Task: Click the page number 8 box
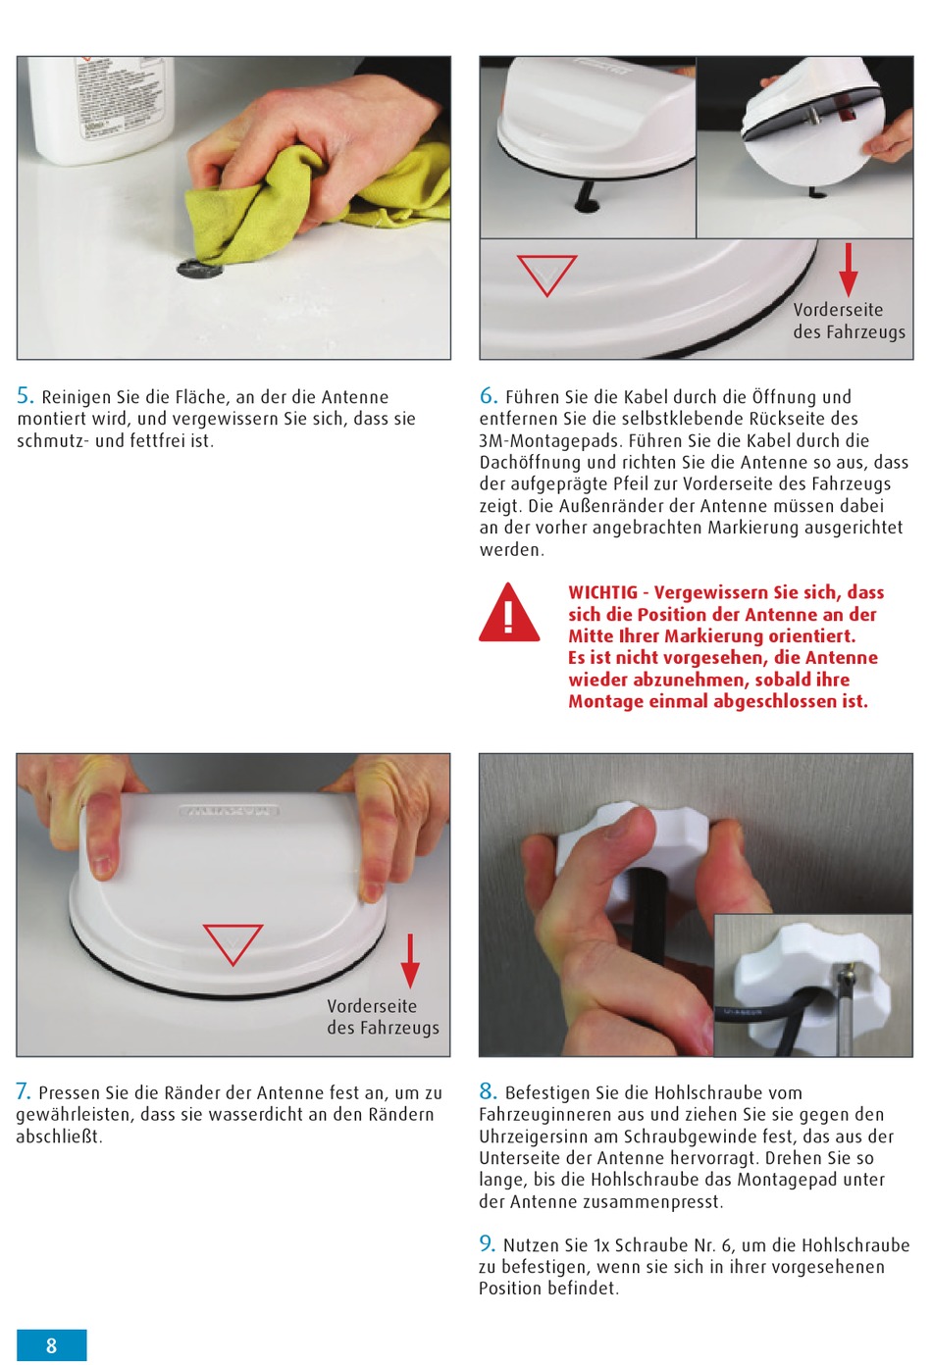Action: tap(51, 1344)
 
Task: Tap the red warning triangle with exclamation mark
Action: tap(509, 613)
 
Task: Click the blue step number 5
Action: tap(25, 396)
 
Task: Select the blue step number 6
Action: tap(488, 396)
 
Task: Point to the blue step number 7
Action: tap(24, 1091)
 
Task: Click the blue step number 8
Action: tap(488, 1091)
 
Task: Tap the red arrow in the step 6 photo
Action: tap(848, 270)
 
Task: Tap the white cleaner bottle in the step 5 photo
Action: tap(104, 110)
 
